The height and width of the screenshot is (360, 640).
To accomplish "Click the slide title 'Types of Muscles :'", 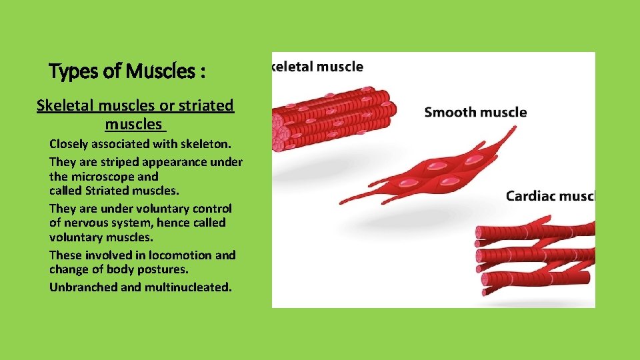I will [127, 71].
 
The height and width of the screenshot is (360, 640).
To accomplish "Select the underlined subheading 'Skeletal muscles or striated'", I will [135, 105].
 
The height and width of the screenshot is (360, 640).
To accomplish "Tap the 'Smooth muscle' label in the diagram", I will [475, 112].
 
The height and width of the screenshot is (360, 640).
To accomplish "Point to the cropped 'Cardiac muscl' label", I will [549, 196].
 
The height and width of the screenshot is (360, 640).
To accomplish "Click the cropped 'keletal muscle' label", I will [318, 67].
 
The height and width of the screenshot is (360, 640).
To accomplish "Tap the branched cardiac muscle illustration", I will [533, 257].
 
